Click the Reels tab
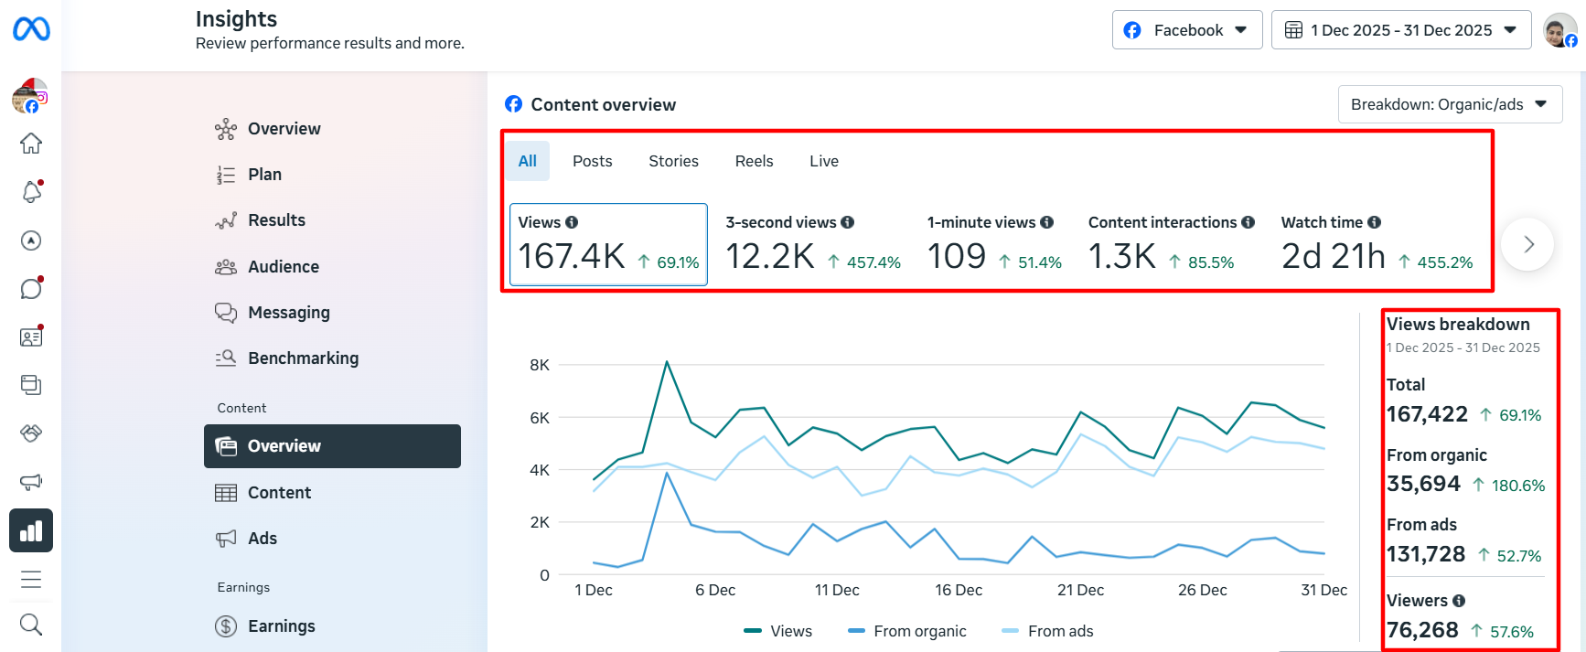[754, 161]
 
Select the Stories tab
[673, 161]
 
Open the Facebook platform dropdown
[1187, 30]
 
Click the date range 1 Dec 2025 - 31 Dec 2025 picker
[1401, 30]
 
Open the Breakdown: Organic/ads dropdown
[1450, 104]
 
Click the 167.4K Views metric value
[572, 256]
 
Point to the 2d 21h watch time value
[1334, 256]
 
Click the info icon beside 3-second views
[848, 222]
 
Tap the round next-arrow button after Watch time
[1527, 244]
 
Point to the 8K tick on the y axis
[540, 365]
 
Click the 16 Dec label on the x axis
[959, 590]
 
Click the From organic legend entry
[907, 631]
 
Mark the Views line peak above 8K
[667, 362]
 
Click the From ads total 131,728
[1426, 554]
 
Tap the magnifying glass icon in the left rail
[31, 625]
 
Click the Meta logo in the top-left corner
[31, 29]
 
